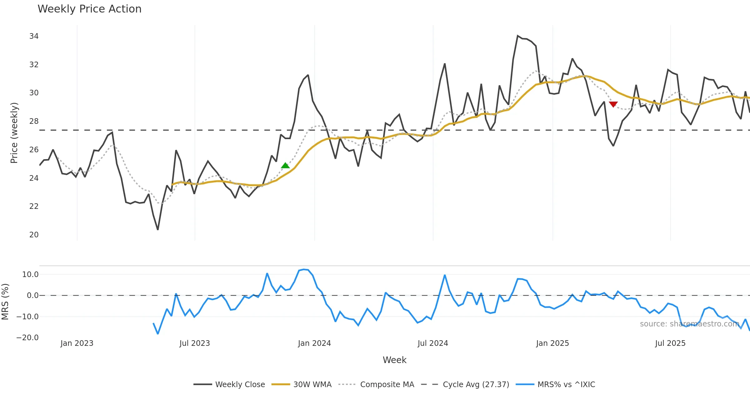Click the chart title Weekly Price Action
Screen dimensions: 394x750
click(89, 9)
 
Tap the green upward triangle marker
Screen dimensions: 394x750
click(285, 165)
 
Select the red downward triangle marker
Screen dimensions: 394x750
click(613, 104)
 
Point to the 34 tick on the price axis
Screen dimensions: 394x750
click(34, 36)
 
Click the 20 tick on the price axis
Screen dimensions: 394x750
click(34, 235)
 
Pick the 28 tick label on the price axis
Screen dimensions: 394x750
click(34, 121)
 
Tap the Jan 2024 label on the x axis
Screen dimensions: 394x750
click(314, 343)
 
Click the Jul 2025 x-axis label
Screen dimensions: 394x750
click(670, 343)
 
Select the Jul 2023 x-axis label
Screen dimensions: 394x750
click(194, 343)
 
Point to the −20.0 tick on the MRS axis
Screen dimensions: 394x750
click(27, 338)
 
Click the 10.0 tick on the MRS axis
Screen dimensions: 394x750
click(30, 275)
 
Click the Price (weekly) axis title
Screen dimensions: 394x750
click(14, 133)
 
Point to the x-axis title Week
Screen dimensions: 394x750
click(394, 360)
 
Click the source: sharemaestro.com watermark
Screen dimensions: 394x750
click(689, 324)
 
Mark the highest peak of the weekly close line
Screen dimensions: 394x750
click(517, 36)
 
